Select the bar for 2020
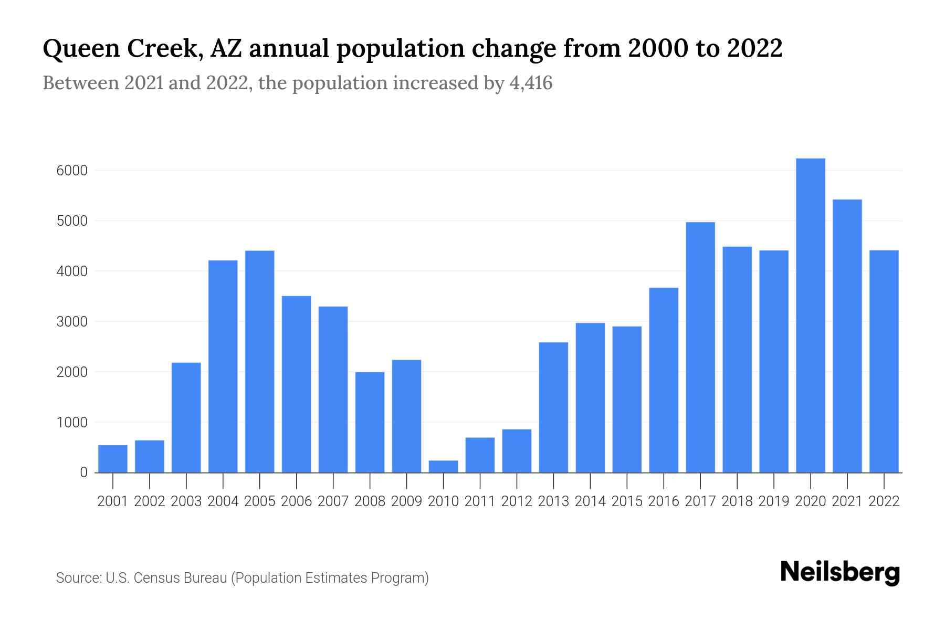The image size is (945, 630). pos(811,315)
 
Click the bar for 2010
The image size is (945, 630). pos(443,466)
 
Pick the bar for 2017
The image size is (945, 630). pos(700,347)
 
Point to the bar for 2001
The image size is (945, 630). pos(113,458)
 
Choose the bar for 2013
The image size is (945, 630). pos(553,407)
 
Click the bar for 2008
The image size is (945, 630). pos(370,422)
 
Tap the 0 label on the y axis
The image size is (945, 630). pos(83,472)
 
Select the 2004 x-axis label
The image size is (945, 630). pos(223,501)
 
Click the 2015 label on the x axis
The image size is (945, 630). pos(627,501)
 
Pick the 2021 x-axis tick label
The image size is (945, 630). pos(847,501)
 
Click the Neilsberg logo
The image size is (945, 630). pos(840,572)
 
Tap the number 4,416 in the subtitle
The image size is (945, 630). pos(531,83)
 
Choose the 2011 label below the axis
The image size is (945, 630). pos(480,501)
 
